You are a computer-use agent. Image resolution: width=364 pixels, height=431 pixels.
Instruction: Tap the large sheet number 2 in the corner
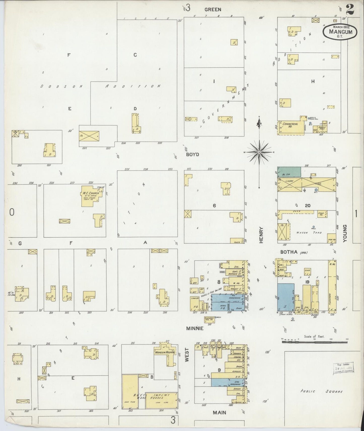click(x=350, y=10)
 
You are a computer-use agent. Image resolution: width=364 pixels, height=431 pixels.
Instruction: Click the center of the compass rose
click(x=259, y=152)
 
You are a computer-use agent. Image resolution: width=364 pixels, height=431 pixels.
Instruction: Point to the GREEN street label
click(x=213, y=10)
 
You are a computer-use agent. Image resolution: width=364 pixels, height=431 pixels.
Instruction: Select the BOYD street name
click(x=192, y=154)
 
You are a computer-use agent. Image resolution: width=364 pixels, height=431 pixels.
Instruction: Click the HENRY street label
click(x=261, y=235)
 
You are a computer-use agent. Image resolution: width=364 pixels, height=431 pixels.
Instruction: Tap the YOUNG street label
click(x=345, y=233)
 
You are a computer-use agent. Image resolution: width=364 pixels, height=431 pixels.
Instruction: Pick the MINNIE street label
click(x=195, y=328)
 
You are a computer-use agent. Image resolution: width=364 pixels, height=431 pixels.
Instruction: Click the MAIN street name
click(x=219, y=413)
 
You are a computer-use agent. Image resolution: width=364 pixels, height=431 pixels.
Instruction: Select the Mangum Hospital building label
click(x=165, y=352)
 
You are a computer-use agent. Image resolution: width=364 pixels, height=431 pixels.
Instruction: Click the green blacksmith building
click(x=289, y=171)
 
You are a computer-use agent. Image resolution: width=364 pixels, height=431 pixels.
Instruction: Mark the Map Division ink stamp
click(x=343, y=368)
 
